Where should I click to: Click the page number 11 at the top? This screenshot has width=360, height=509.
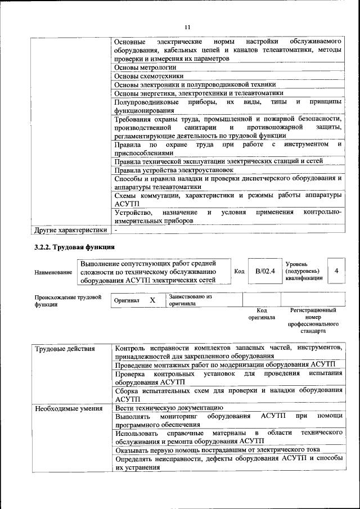click(187, 26)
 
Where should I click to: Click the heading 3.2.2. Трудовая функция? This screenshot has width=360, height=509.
click(75, 247)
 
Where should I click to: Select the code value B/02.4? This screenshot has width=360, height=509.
click(264, 271)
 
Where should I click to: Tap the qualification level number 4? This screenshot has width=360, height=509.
click(336, 271)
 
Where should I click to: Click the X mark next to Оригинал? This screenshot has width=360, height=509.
click(152, 300)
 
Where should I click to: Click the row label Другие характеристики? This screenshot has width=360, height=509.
click(70, 230)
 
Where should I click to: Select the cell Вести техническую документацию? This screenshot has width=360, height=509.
click(169, 408)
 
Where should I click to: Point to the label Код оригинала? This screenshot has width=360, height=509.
click(262, 314)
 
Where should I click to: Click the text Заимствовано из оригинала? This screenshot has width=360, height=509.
click(190, 300)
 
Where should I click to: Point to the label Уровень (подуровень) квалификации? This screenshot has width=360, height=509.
click(304, 271)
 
